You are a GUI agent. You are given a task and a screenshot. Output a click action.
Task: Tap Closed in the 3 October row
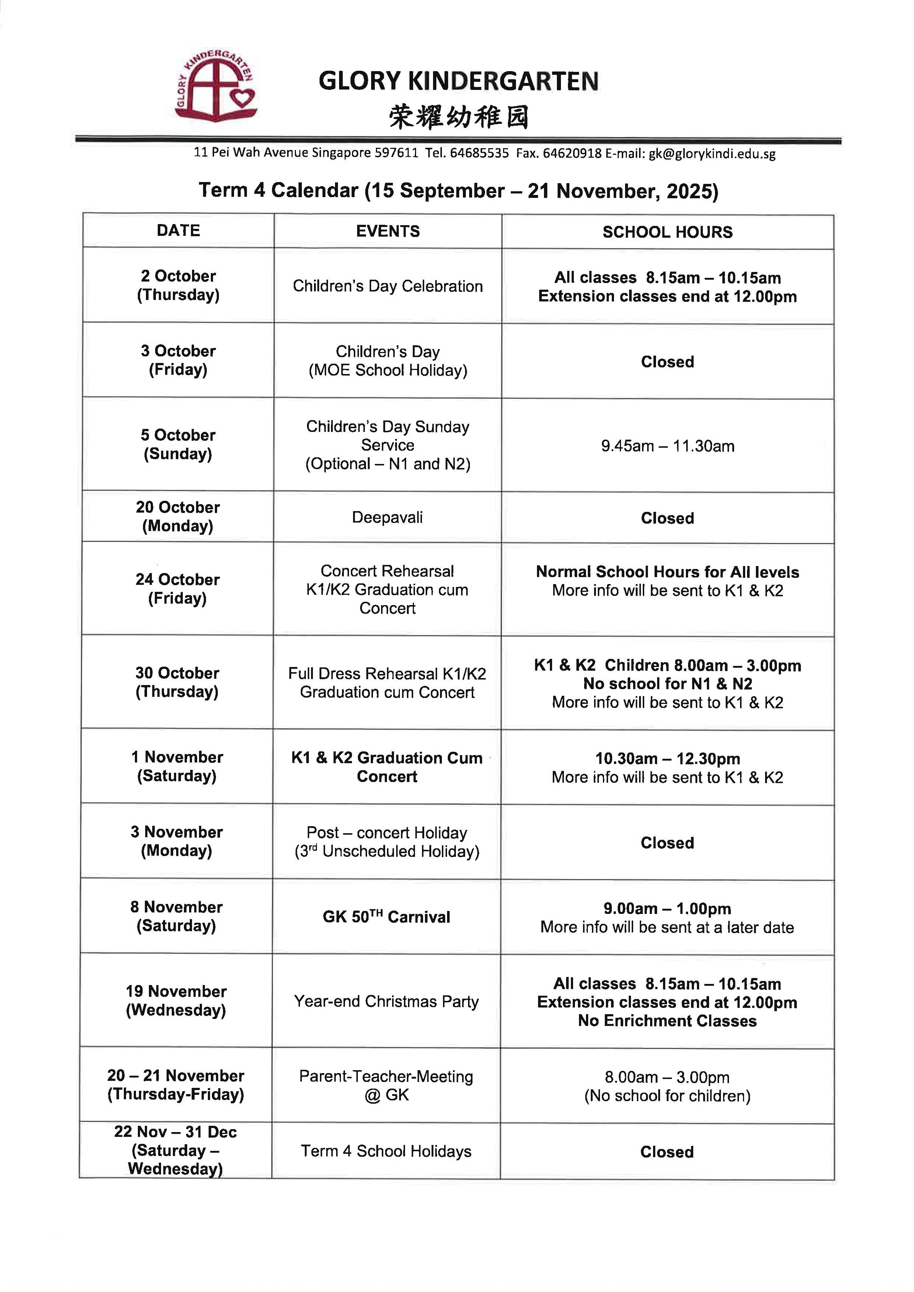(x=667, y=362)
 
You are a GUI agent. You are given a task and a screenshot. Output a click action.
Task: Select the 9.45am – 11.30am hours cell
(x=667, y=446)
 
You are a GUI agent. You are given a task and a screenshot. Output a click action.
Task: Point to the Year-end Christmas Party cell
(x=387, y=1002)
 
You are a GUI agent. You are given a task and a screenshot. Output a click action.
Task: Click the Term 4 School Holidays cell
(x=386, y=1151)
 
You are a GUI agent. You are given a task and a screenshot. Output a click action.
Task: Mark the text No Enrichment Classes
(x=667, y=1021)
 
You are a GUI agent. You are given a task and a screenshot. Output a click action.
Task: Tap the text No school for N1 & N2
(x=667, y=684)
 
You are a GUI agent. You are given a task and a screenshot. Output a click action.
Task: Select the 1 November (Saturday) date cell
(x=177, y=767)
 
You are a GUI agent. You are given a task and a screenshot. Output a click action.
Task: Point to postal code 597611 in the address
(x=397, y=153)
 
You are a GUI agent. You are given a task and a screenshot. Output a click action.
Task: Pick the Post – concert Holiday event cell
(x=387, y=842)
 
